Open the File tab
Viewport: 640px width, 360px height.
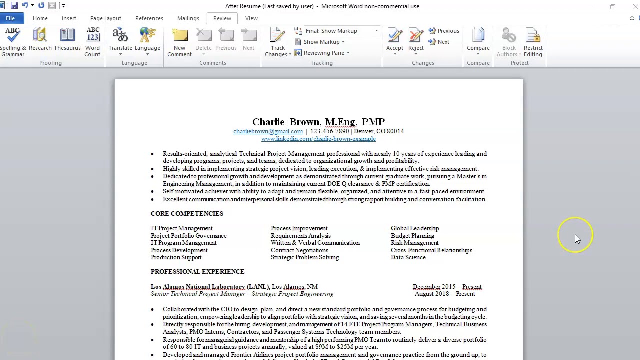click(10, 18)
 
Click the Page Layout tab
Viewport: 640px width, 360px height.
click(105, 18)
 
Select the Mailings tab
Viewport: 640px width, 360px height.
click(188, 18)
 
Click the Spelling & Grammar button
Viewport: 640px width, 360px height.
click(13, 42)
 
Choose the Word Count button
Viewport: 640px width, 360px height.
click(92, 42)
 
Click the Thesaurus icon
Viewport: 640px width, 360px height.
click(67, 40)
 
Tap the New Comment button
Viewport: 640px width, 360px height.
click(179, 42)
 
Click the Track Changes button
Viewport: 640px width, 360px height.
click(277, 42)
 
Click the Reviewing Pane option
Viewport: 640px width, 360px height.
click(324, 53)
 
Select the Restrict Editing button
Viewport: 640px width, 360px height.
click(533, 42)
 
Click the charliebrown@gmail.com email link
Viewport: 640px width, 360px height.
click(268, 131)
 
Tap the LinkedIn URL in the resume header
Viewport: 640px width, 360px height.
click(318, 139)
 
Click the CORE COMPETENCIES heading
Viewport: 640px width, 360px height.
click(187, 214)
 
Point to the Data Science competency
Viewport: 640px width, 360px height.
click(408, 257)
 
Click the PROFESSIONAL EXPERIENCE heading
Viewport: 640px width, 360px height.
click(197, 272)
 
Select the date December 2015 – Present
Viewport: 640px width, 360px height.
click(447, 287)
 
